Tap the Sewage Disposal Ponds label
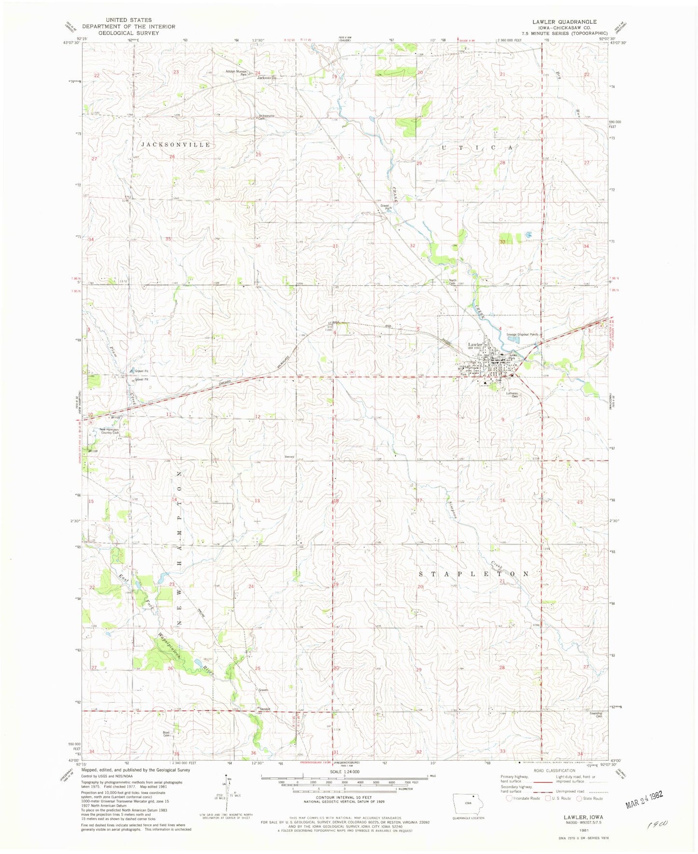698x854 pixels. (522, 334)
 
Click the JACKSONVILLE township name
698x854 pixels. (176, 145)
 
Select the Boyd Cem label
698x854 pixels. (166, 733)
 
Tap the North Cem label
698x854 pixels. (453, 282)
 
